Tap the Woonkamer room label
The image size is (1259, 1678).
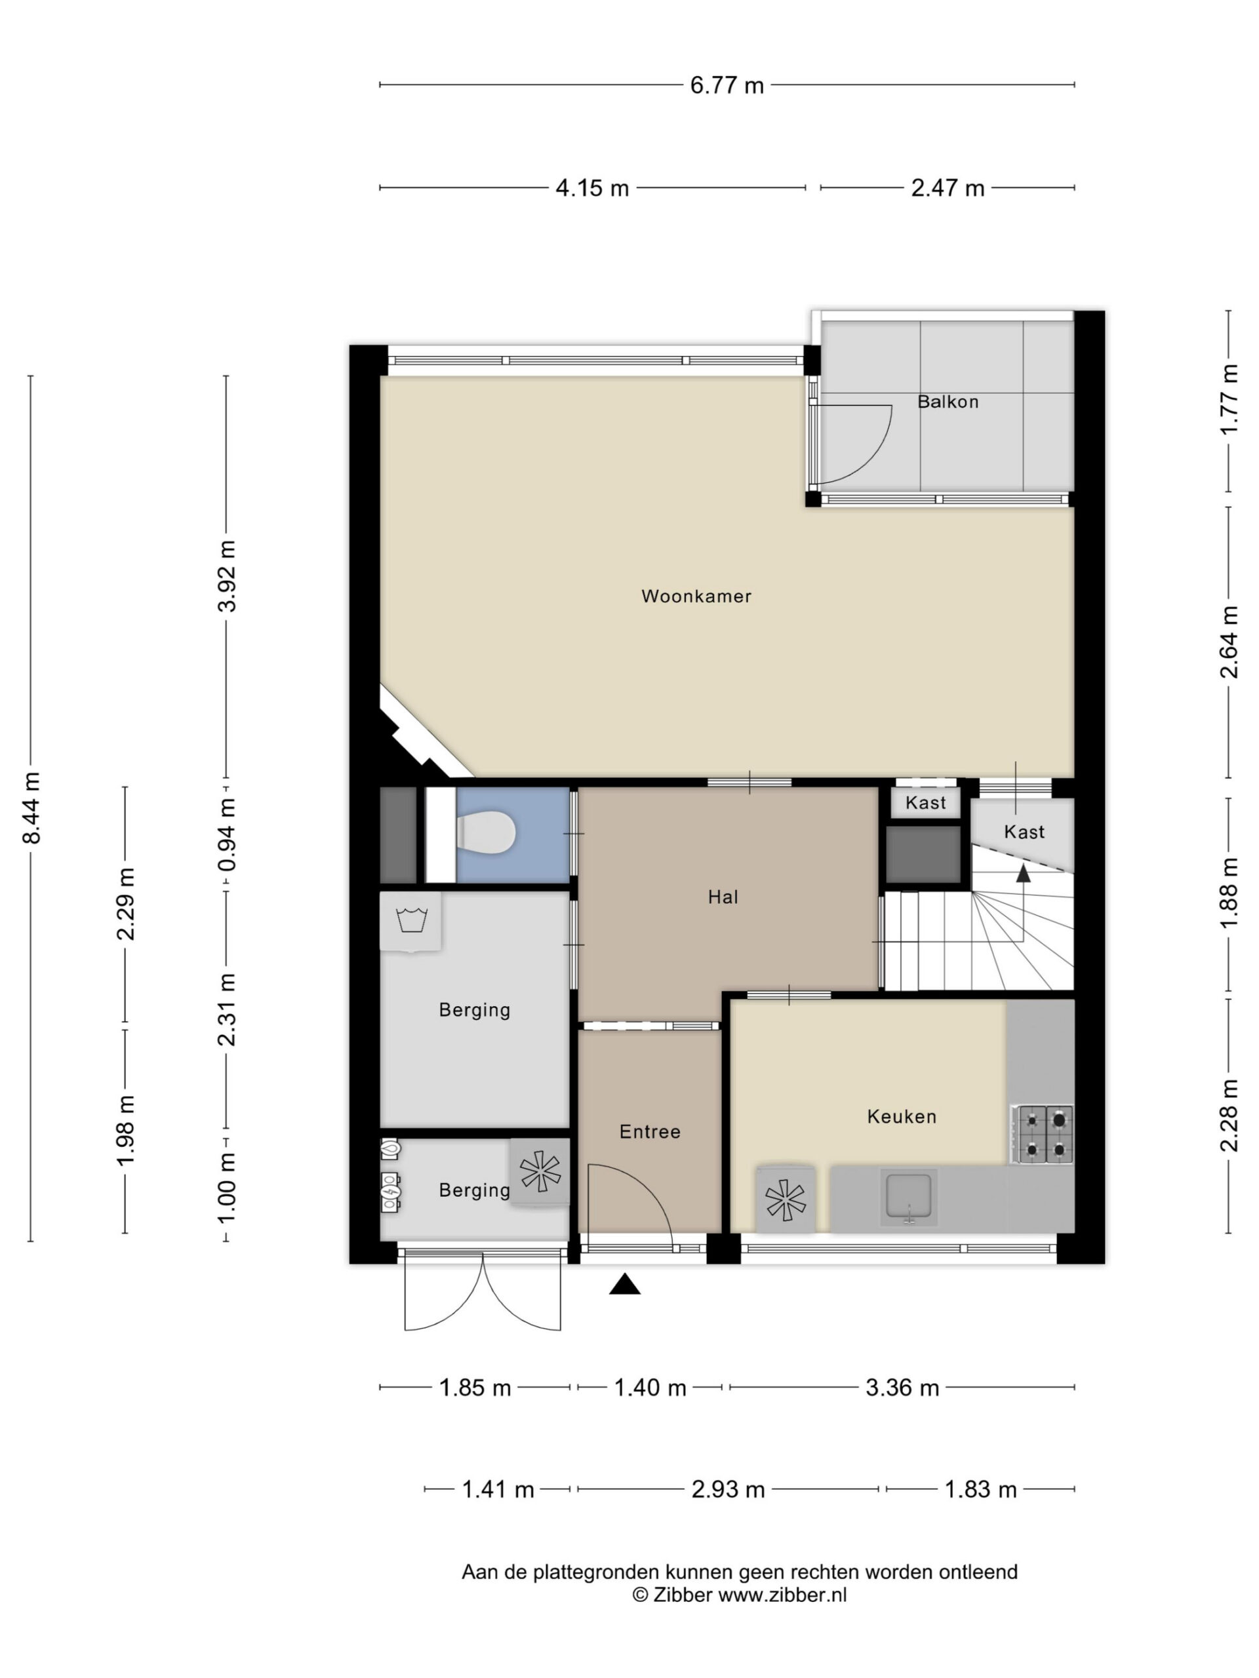(x=696, y=596)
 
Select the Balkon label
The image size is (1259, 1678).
(x=948, y=401)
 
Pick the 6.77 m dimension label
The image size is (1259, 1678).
(x=727, y=86)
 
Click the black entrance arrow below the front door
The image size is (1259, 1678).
(x=624, y=1283)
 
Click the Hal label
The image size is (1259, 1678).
(x=723, y=897)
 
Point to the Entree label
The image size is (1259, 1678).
(x=650, y=1131)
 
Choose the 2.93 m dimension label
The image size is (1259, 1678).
(x=728, y=1489)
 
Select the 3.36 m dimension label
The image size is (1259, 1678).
(x=902, y=1388)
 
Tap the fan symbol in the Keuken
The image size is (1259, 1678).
(x=786, y=1200)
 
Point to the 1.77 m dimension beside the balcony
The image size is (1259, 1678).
(x=1229, y=400)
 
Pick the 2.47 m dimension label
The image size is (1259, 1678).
(x=947, y=187)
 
